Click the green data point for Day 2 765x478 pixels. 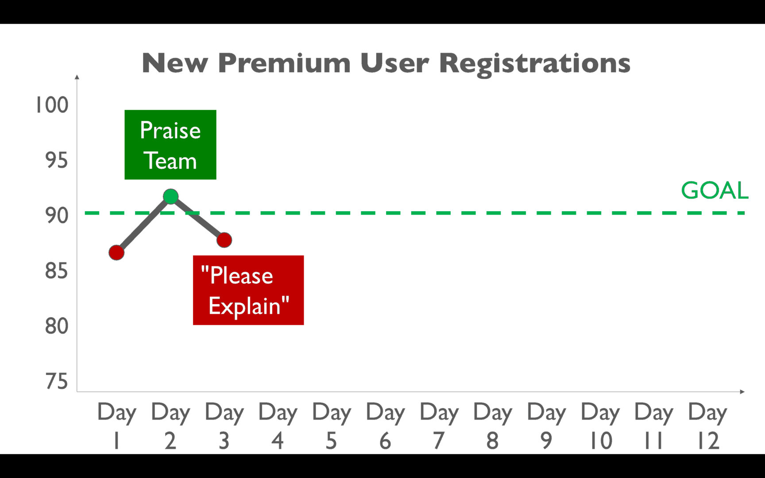click(170, 196)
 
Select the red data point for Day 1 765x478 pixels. click(116, 253)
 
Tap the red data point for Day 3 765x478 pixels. click(224, 240)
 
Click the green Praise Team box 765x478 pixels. click(170, 145)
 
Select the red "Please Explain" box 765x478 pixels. click(248, 290)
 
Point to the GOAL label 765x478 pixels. click(715, 190)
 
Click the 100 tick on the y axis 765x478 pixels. click(52, 105)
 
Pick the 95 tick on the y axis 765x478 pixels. click(57, 160)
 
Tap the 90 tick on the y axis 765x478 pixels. click(57, 216)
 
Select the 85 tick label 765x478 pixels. click(57, 271)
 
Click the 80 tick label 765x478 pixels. click(57, 326)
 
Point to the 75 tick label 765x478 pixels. click(57, 382)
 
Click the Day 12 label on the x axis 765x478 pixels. click(708, 426)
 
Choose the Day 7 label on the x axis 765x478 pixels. click(439, 426)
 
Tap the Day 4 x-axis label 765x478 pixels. click(278, 426)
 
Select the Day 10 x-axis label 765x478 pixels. click(600, 426)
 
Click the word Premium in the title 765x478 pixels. click(284, 63)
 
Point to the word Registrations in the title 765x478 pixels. click(535, 64)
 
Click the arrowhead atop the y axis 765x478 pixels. click(77, 77)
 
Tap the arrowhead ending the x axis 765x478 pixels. click(742, 392)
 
